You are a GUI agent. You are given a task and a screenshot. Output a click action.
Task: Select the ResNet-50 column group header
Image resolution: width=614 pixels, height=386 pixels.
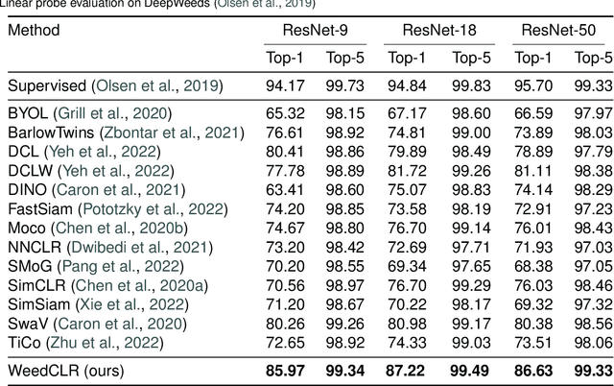click(x=559, y=30)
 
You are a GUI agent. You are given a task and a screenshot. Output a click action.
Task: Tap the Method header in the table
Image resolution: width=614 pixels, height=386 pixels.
click(x=34, y=30)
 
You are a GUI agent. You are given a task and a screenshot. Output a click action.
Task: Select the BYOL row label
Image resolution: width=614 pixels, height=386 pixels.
click(x=28, y=113)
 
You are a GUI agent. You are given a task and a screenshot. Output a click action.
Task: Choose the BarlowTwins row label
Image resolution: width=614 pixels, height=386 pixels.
click(x=49, y=133)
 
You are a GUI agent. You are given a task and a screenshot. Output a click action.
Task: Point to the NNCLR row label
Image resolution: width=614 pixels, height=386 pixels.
click(x=35, y=248)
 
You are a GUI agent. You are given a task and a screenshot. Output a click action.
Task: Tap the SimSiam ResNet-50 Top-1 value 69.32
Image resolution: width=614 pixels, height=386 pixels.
click(x=531, y=305)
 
